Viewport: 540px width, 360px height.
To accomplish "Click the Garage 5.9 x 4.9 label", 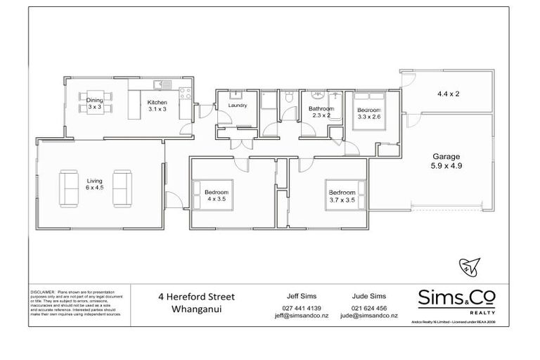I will (x=446, y=162).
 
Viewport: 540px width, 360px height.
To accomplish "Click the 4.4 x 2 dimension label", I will (x=447, y=94).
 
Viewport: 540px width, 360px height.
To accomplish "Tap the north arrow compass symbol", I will (x=469, y=266).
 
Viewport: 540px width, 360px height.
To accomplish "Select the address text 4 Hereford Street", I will (x=196, y=297).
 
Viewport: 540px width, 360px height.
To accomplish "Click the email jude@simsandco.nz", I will (x=368, y=316).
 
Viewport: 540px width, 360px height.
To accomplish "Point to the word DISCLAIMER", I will (x=43, y=290).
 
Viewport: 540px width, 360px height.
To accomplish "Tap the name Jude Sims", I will (x=368, y=297).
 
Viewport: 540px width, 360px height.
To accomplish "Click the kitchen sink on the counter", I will (x=158, y=86).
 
